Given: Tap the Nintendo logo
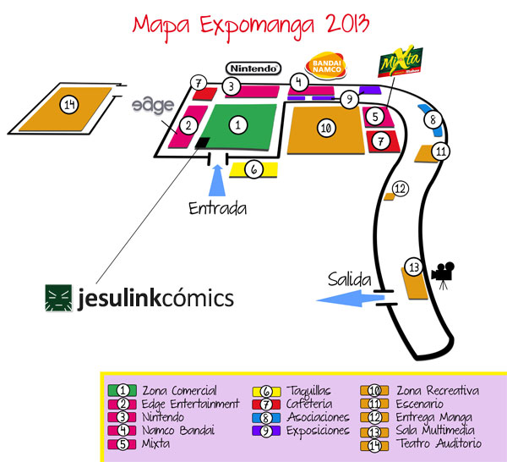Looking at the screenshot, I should click(x=253, y=68).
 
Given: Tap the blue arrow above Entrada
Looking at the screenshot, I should click(x=216, y=182).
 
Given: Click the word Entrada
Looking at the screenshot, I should click(x=217, y=207).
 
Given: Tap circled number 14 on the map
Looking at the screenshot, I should click(x=69, y=105).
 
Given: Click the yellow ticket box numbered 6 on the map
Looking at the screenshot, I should click(x=254, y=169).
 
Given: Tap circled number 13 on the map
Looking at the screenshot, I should click(x=412, y=267).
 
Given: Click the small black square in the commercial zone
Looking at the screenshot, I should click(x=202, y=142).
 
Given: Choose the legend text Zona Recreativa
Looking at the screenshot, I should click(x=437, y=391).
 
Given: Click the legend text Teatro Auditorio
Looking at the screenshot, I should click(x=439, y=443).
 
